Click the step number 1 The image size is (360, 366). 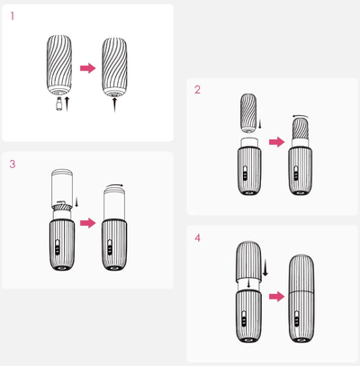tap(13, 16)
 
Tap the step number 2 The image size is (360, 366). tap(197, 90)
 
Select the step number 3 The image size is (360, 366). tap(13, 164)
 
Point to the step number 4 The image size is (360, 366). tap(197, 238)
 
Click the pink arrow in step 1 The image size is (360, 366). tap(87, 68)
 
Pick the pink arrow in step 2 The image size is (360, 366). tap(276, 142)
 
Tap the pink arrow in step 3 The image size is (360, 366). tap(87, 223)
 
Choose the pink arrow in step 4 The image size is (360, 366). tap(276, 297)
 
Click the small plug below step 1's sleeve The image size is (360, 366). tap(59, 104)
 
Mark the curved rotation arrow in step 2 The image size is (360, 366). tap(301, 116)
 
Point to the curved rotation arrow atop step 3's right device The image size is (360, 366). tap(114, 185)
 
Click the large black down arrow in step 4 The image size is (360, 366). tap(265, 268)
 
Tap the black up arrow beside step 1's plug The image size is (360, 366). tap(67, 104)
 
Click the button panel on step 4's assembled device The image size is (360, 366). tap(297, 319)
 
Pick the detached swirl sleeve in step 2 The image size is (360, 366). tap(248, 113)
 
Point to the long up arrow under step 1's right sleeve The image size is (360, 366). tap(114, 104)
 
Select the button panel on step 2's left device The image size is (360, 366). tap(246, 173)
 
